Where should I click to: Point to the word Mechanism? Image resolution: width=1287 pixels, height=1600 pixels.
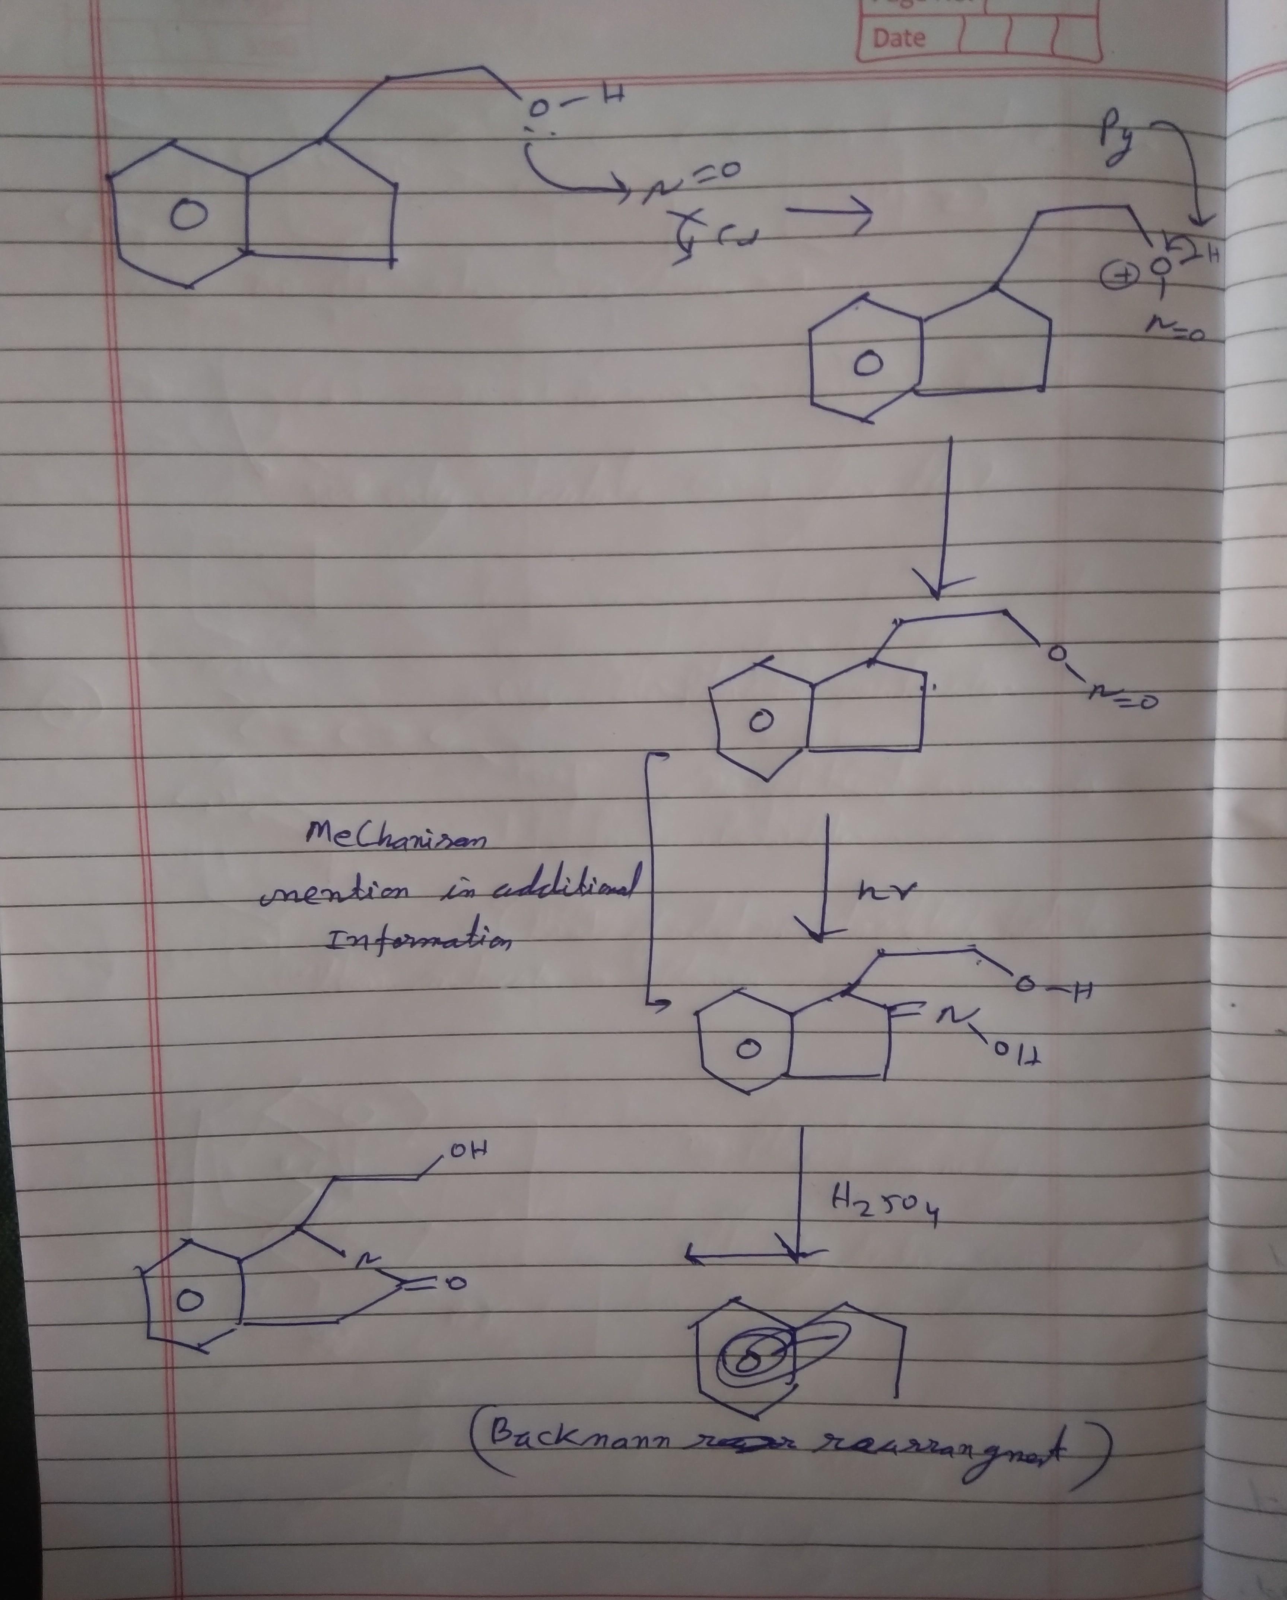pos(397,842)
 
